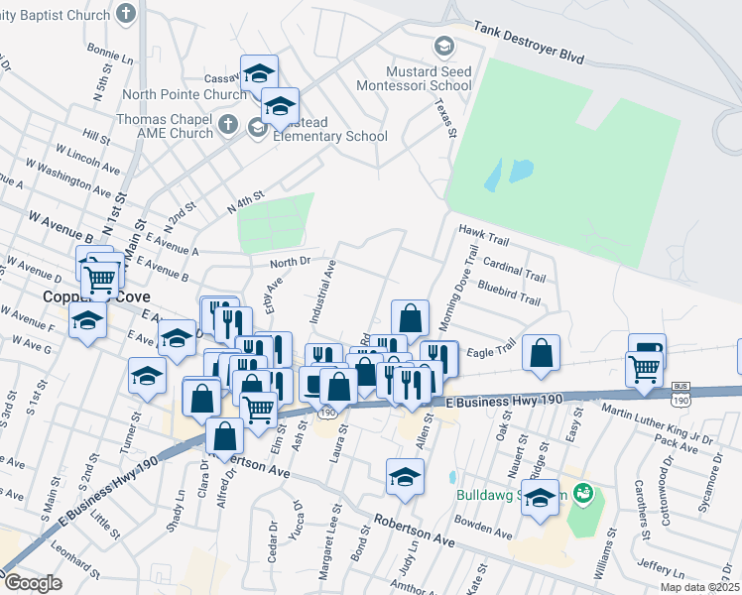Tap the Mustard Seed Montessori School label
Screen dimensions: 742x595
coord(430,78)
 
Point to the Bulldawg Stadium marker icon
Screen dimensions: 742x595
coord(583,492)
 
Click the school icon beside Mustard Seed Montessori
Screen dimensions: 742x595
coord(443,47)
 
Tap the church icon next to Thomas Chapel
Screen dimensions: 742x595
coord(227,125)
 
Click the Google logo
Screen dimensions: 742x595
coord(32,583)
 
